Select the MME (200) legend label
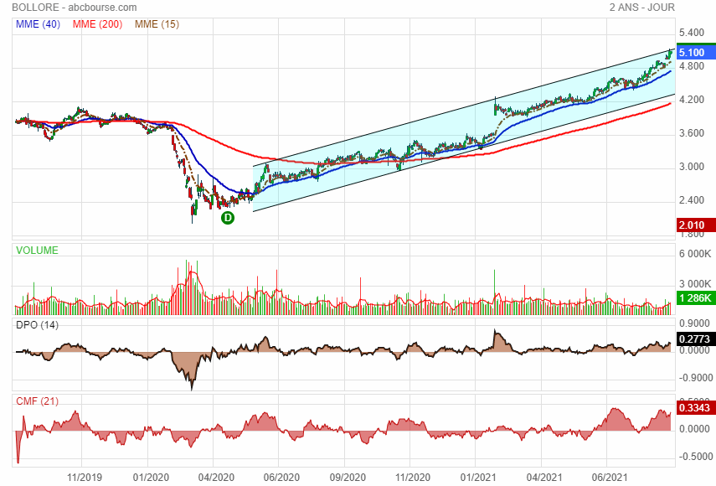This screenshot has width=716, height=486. click(97, 24)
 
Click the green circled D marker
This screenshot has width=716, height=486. click(227, 218)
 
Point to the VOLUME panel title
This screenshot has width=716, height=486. click(37, 250)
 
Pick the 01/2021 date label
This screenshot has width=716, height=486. click(476, 478)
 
